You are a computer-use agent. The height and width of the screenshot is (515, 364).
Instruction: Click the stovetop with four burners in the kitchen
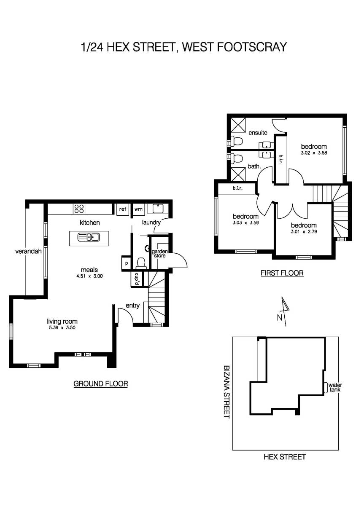coord(79,209)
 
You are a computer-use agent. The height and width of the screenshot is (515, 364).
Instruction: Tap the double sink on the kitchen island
coord(89,237)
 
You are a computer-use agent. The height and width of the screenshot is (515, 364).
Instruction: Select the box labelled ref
coord(122,209)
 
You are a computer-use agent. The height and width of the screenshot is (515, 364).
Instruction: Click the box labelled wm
coord(138,209)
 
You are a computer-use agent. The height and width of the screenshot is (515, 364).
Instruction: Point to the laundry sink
coord(158,209)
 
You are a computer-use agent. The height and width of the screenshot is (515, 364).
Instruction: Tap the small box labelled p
coord(126,262)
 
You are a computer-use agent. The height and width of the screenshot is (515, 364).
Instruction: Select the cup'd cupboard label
coord(137,279)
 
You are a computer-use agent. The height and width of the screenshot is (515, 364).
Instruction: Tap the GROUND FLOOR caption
coord(100,384)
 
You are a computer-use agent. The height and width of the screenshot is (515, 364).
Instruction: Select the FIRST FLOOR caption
coord(282,273)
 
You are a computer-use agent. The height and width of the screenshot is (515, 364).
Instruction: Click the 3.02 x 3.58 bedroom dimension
coord(314,153)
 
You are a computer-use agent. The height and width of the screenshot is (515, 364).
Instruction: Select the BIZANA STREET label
coord(226,391)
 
